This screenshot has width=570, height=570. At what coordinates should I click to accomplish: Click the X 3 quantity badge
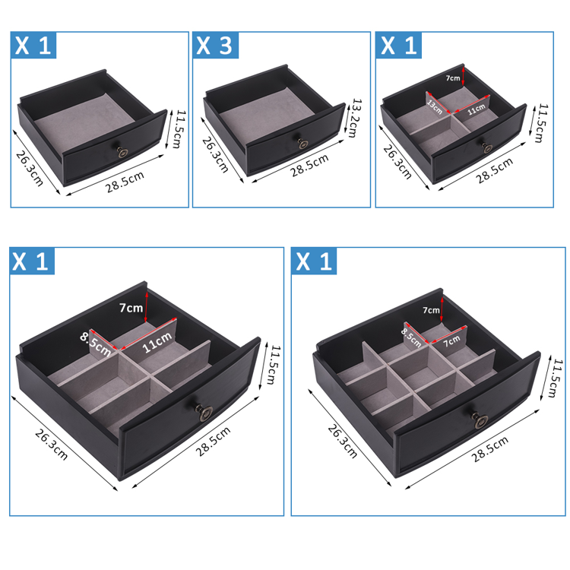tap(216, 45)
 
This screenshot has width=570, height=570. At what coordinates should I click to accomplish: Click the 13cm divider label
tap(435, 106)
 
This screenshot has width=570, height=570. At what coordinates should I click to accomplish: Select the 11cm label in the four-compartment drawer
tap(477, 109)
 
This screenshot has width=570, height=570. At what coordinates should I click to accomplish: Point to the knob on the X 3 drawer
tap(302, 144)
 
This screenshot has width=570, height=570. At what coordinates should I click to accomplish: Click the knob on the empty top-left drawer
tap(122, 152)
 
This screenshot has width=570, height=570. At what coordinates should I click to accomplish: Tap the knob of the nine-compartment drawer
tap(480, 421)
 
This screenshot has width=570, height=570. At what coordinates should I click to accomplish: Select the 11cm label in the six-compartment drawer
tap(157, 343)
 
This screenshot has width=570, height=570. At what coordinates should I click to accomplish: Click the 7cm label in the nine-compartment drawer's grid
tap(451, 341)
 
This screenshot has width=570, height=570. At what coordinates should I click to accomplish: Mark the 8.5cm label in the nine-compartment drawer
tap(411, 337)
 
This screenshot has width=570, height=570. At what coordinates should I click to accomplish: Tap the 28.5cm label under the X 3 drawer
tap(309, 165)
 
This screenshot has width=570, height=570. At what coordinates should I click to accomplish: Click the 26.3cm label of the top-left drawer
tap(30, 168)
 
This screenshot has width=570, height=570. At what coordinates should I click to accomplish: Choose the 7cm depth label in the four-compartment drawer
tap(453, 78)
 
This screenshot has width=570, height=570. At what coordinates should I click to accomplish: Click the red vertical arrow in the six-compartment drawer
tap(146, 306)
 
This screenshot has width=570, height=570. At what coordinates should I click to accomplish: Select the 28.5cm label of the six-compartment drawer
tap(213, 441)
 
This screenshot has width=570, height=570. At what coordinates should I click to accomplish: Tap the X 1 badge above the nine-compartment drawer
tap(314, 261)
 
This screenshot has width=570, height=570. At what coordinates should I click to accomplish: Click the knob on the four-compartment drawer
tap(487, 147)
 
